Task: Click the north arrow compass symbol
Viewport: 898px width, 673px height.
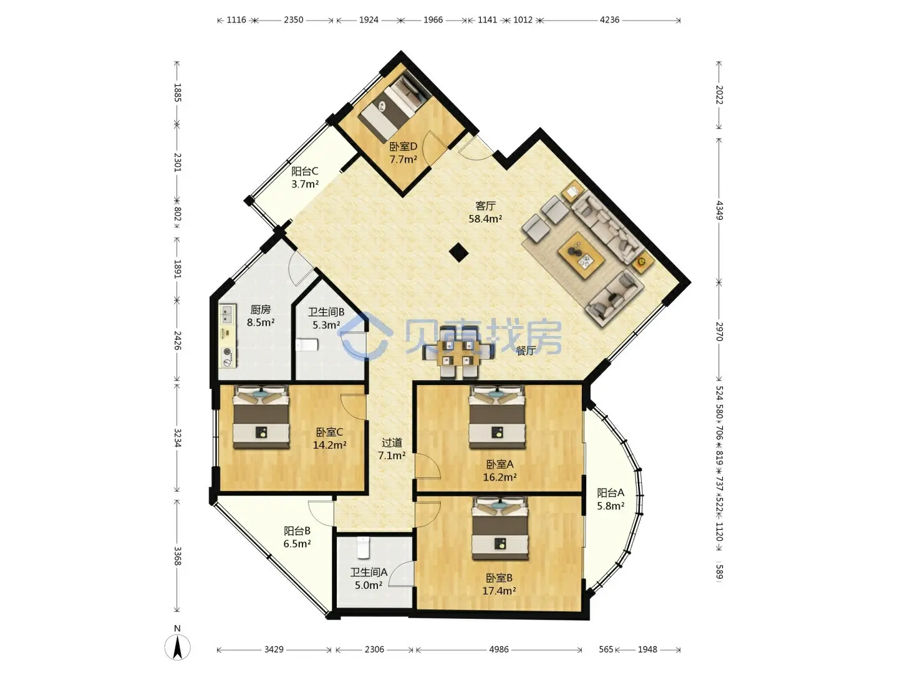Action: coord(177,647)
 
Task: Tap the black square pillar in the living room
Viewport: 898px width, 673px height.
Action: coord(458,252)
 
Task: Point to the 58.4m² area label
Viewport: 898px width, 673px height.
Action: coord(485,219)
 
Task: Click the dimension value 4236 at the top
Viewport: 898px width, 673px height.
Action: coord(609,19)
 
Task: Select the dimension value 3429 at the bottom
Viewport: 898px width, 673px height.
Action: coord(274,649)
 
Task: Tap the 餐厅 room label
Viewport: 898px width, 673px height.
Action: coord(525,351)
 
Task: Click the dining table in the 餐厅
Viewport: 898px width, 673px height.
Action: coord(458,352)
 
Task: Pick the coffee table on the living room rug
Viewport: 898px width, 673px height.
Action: coord(581,255)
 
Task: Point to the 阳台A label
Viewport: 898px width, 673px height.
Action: coord(611,492)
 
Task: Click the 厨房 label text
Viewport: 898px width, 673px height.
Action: coord(261,310)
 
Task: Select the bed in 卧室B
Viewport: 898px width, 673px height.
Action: coord(499,528)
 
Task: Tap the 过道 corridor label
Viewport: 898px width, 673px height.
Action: coord(392,442)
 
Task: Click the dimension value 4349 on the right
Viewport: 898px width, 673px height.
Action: coord(719,211)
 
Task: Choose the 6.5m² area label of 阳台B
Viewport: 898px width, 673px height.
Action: coord(297,544)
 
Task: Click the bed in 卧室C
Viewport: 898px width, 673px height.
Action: coord(261,417)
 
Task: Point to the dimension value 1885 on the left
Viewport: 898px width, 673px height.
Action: coord(177,92)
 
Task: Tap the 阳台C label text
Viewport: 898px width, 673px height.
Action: coord(305,171)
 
